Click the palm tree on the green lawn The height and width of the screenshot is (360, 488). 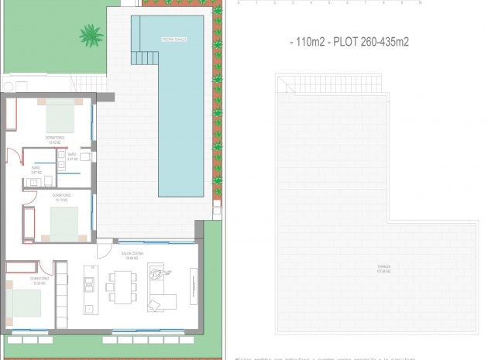91,34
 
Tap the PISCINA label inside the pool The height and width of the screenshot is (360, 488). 171,38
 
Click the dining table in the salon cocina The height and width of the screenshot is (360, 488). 122,286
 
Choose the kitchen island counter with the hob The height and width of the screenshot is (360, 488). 89,286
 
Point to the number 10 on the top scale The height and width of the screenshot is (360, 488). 419,3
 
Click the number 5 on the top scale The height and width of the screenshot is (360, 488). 332,3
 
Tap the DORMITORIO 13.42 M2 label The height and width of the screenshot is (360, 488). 55,140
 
